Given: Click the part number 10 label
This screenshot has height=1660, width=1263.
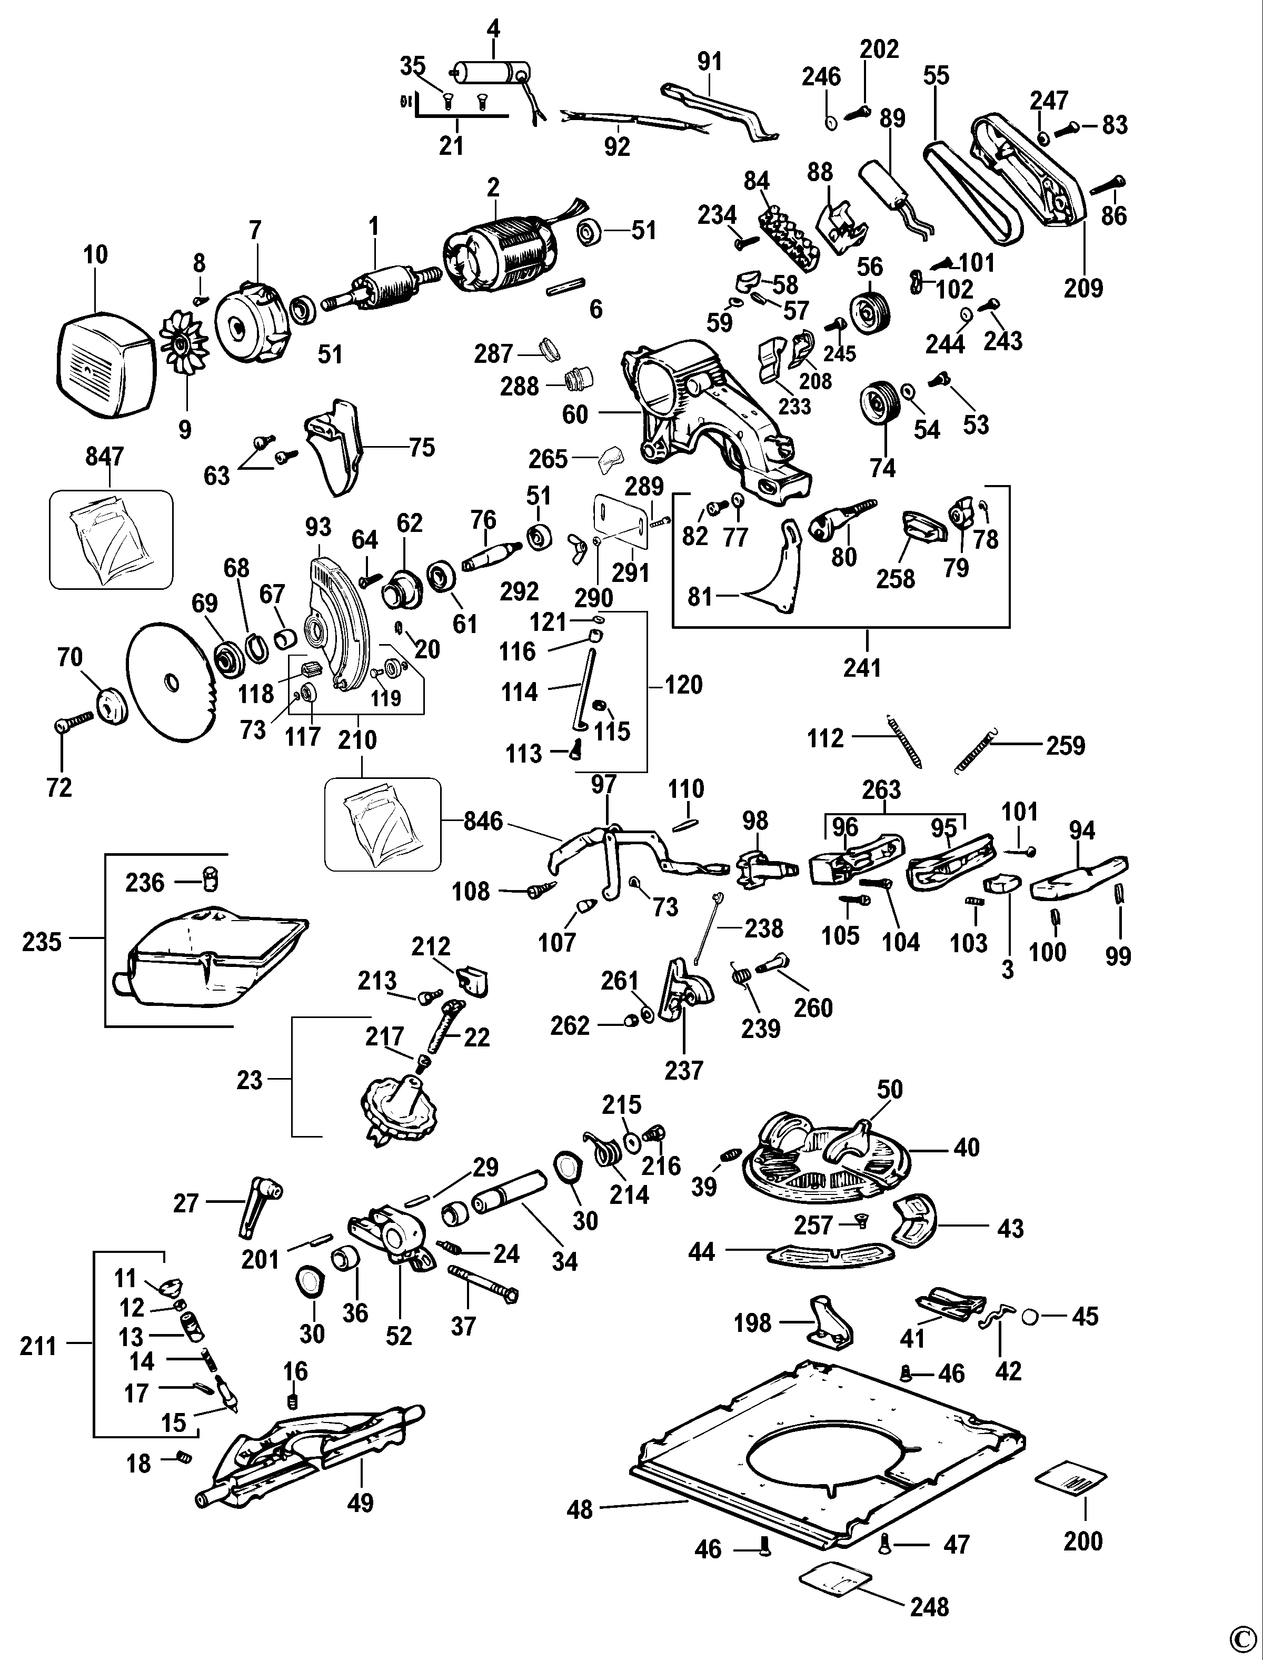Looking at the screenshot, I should pos(95,255).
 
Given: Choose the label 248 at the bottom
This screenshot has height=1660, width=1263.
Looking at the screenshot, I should pos(929,1607).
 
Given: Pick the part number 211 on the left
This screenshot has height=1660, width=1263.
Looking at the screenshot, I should pos(38,1346).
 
